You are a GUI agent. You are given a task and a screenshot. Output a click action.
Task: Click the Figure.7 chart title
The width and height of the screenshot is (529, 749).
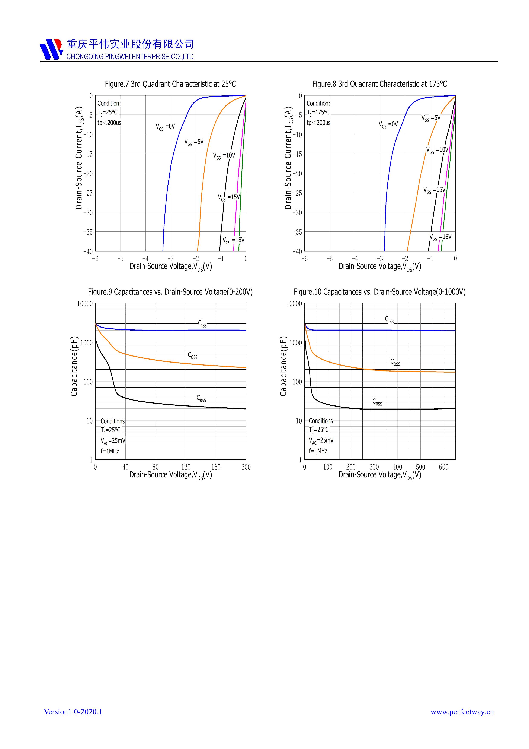click(170, 84)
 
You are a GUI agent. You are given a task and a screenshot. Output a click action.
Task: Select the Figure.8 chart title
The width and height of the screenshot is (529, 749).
click(379, 84)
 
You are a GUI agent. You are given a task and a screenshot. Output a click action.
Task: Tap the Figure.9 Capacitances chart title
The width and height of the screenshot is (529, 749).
click(170, 292)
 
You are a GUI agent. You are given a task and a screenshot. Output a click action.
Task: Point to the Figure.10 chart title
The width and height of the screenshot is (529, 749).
click(379, 292)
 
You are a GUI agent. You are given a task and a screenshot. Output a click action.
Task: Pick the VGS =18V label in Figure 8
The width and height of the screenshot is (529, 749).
click(440, 237)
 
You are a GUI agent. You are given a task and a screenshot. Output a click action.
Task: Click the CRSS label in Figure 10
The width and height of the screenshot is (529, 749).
click(377, 402)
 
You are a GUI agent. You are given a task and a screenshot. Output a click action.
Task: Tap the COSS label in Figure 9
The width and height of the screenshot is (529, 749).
click(193, 355)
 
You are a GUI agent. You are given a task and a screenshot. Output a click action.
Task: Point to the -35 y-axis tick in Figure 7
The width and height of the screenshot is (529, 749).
click(88, 232)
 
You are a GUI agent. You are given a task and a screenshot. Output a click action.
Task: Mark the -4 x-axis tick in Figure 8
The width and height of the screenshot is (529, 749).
click(355, 259)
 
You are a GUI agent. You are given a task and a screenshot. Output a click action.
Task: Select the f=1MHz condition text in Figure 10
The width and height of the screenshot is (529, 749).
click(318, 451)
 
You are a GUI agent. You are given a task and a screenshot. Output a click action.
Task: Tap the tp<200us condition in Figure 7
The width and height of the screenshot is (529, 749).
click(109, 123)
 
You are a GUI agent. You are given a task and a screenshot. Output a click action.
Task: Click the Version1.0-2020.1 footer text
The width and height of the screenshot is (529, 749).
click(73, 711)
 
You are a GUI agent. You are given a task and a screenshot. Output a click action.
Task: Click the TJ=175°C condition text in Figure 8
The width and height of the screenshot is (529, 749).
click(318, 113)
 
